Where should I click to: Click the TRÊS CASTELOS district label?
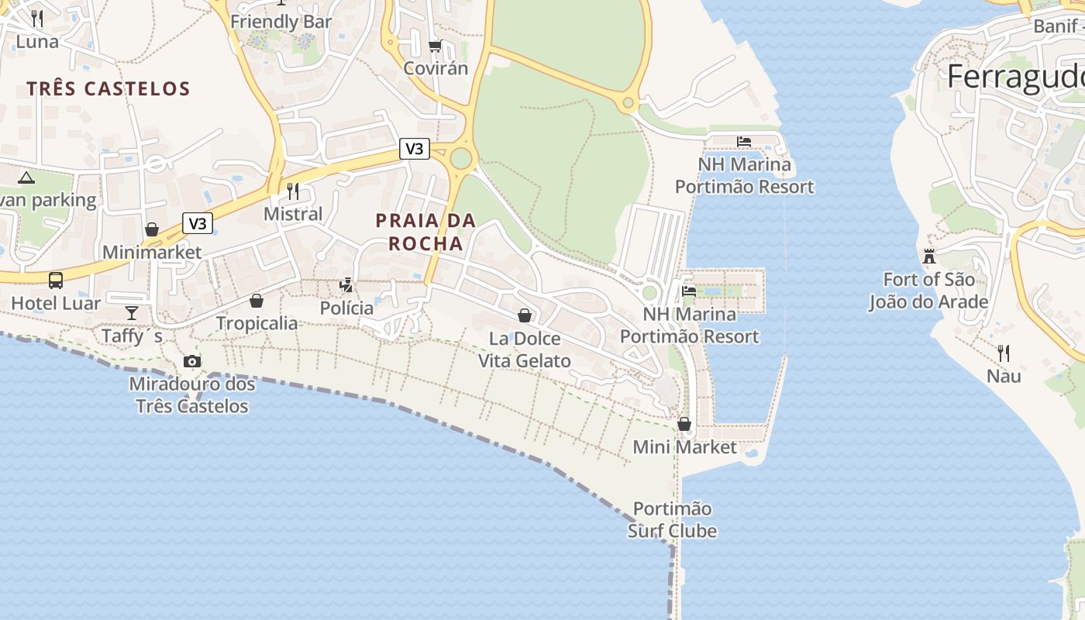tap(108, 88)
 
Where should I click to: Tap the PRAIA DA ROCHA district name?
tap(425, 232)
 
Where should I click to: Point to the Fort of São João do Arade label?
tap(928, 291)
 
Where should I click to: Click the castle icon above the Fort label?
tap(929, 256)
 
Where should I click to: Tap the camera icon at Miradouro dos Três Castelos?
tap(192, 361)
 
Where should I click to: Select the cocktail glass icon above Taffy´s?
tap(132, 312)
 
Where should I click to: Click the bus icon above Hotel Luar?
tap(56, 280)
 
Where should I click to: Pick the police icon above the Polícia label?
tap(346, 284)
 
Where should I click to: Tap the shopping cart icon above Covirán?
tap(436, 46)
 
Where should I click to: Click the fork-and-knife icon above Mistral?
tap(293, 191)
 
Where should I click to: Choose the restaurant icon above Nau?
tap(1004, 353)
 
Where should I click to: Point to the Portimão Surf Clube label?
tap(672, 520)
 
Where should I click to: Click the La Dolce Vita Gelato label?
tap(525, 350)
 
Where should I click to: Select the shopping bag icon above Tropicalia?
tap(257, 301)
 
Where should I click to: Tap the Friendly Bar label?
tap(281, 22)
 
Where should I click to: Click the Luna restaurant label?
tap(37, 41)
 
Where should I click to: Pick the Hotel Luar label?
tap(56, 303)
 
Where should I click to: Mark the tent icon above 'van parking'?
tap(26, 177)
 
